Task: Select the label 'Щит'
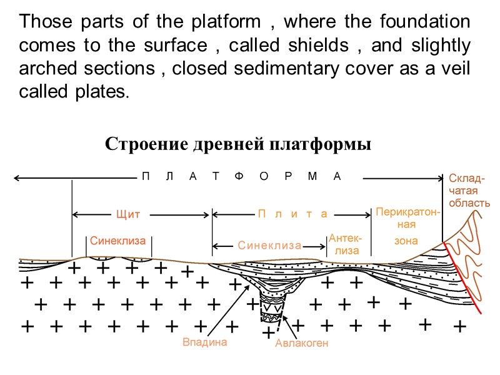pyautogui.click(x=128, y=214)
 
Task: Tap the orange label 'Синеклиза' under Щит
pyautogui.click(x=117, y=240)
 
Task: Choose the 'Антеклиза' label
pyautogui.click(x=346, y=244)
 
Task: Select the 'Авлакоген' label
pyautogui.click(x=302, y=343)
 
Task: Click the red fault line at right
pyautogui.click(x=462, y=278)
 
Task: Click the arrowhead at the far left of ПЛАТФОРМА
pyautogui.click(x=17, y=179)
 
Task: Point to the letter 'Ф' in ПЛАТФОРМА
pyautogui.click(x=237, y=176)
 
